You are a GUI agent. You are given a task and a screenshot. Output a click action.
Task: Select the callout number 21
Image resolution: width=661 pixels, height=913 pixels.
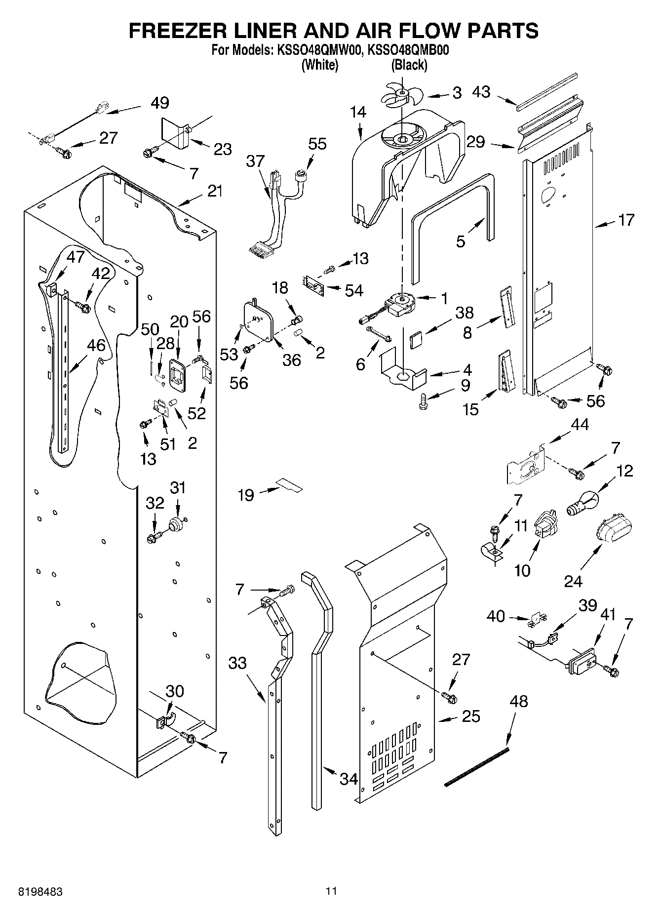point(215,191)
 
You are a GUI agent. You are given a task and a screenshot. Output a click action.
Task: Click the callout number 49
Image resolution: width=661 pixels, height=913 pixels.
point(160,103)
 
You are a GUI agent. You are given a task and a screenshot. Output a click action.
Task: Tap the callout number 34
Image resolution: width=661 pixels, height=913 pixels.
point(349,779)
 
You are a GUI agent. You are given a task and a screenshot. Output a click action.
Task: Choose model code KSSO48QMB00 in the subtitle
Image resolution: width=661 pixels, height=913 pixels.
point(408,50)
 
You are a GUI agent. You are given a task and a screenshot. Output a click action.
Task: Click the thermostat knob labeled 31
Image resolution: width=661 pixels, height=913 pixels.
point(177,524)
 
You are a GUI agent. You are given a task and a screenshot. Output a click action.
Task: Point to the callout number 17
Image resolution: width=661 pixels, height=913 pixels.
point(626,220)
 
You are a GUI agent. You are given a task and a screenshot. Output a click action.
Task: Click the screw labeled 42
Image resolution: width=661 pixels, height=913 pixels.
point(83,307)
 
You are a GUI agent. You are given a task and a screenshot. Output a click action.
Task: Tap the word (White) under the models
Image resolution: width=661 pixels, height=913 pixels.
point(319,65)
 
